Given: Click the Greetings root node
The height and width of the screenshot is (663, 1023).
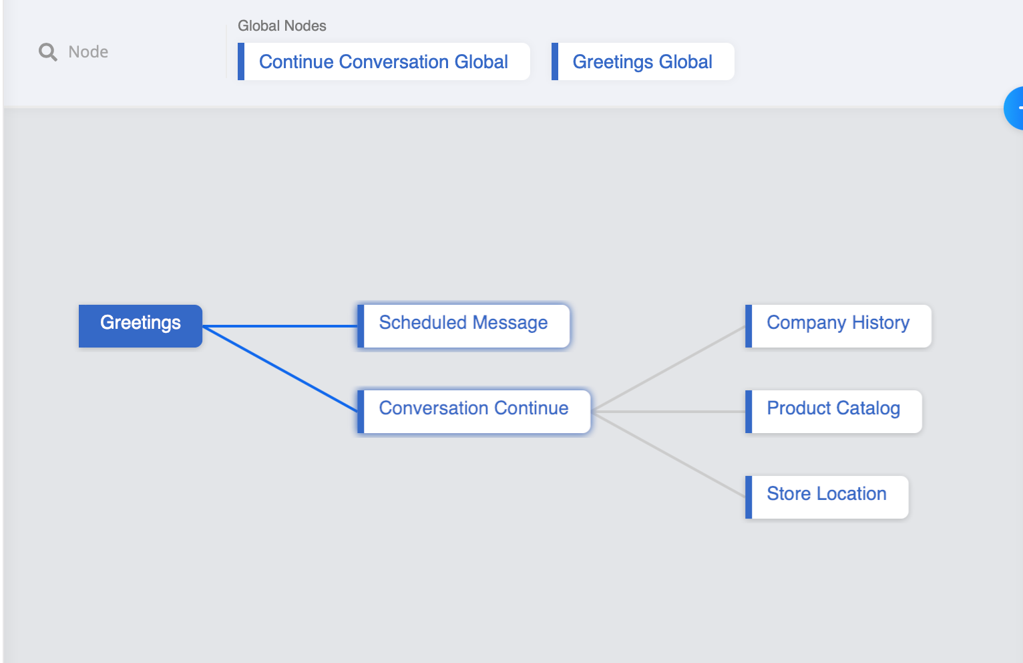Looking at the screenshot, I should (x=140, y=325).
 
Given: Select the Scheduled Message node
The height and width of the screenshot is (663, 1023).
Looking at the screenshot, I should (x=463, y=325).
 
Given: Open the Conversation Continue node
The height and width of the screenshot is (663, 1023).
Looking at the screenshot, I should (x=473, y=411).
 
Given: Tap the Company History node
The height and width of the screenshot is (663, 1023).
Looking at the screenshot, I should (x=837, y=325).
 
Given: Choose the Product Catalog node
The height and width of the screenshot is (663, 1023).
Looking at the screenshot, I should (x=833, y=411).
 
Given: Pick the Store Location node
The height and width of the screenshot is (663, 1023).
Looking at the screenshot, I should (x=826, y=497).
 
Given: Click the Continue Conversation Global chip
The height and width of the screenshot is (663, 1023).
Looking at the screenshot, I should (x=383, y=61).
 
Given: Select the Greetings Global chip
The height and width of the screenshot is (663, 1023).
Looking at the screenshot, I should (x=642, y=61).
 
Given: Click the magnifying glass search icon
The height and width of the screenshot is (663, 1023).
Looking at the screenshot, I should (x=48, y=52).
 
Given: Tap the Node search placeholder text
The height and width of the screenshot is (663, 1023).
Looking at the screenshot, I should (x=88, y=52).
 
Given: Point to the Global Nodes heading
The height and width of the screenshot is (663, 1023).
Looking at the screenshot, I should (x=282, y=26).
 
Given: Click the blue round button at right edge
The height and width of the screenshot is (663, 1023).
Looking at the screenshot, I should (x=1015, y=108).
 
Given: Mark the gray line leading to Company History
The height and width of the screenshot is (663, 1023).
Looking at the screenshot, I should (x=668, y=369).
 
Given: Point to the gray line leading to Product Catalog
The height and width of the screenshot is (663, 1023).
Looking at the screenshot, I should (x=668, y=412).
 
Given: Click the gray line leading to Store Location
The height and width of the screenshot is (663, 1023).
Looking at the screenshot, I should (x=668, y=454).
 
